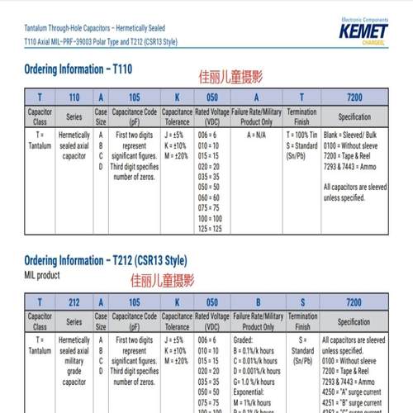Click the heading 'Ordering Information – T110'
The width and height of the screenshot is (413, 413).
(78, 69)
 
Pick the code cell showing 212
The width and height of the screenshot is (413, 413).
(73, 302)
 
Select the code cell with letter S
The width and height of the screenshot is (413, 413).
(302, 302)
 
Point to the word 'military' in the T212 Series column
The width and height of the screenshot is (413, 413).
(74, 360)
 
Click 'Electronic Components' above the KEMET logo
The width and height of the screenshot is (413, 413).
(363, 17)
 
